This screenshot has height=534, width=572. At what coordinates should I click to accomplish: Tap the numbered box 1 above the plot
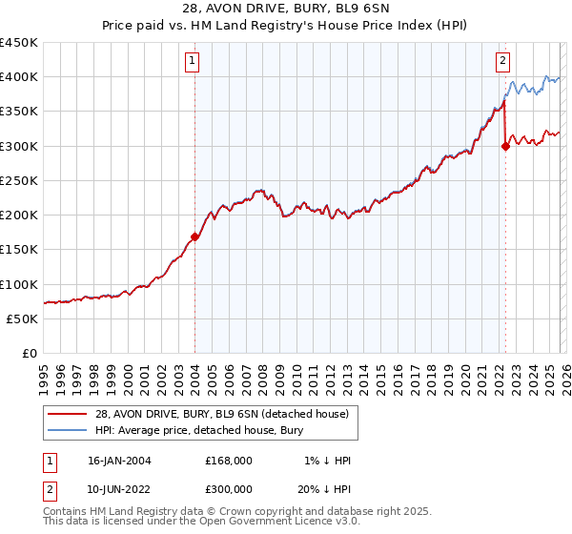coord(193,62)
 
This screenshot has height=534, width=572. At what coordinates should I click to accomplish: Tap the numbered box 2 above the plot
coord(502,62)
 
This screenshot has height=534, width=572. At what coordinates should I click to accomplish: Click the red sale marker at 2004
coord(194,236)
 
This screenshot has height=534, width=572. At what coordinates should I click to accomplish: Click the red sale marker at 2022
coord(505,146)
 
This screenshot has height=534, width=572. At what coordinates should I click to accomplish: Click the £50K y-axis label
coord(22,318)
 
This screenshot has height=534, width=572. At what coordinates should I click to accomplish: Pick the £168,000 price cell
coord(229,461)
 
